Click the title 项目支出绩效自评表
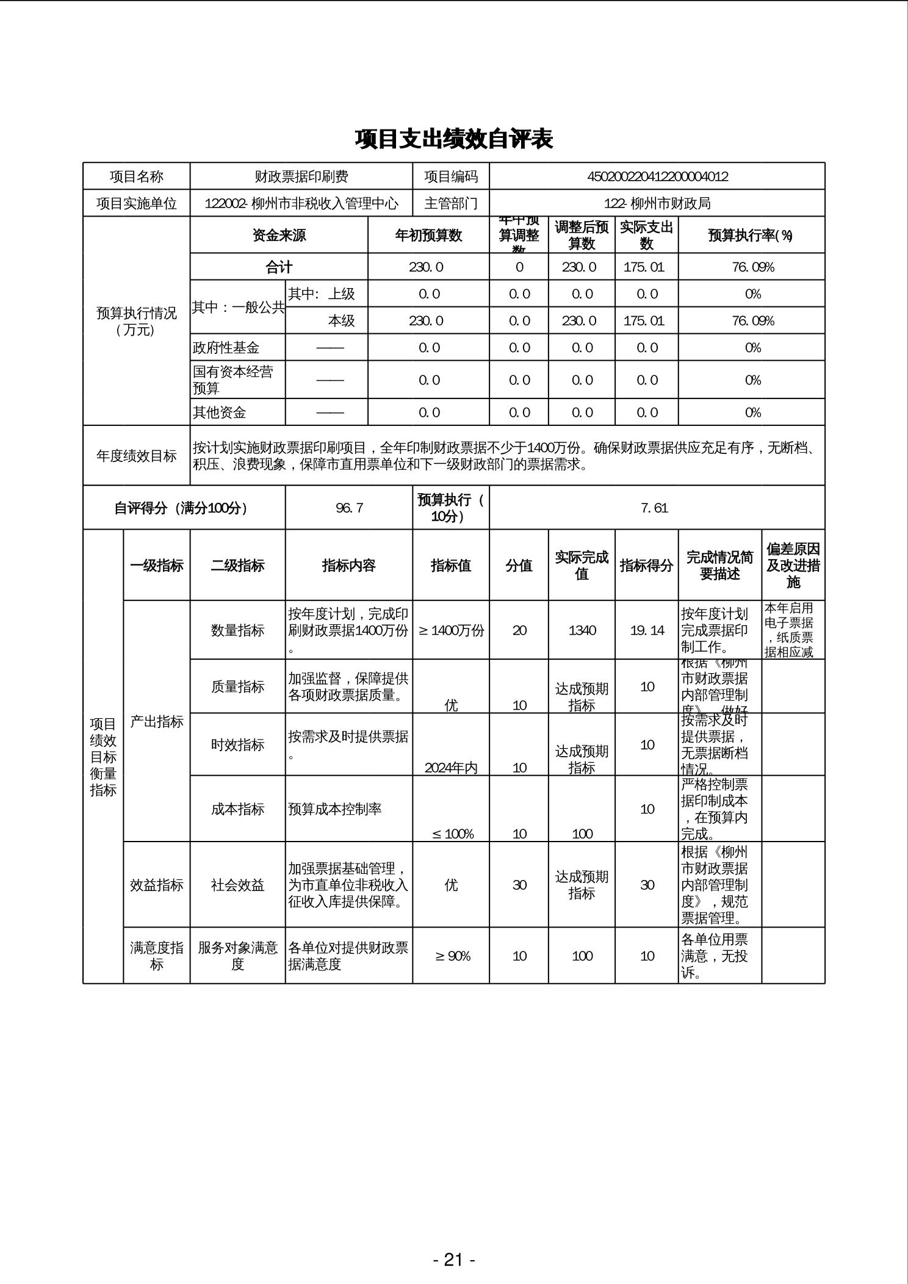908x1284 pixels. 453,139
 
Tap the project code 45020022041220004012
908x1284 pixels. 657,177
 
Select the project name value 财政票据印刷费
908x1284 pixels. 301,177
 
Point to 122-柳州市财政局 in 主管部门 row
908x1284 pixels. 657,203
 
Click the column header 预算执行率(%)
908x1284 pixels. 751,236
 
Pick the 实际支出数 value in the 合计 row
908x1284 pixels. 646,267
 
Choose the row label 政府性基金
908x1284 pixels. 226,348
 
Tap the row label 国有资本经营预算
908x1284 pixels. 233,380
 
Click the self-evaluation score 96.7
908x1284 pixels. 349,508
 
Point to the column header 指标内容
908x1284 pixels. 348,566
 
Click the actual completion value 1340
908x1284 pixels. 582,630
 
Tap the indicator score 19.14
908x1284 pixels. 647,630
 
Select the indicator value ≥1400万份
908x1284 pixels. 451,630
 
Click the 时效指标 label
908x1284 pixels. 237,745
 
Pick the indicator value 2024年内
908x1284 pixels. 451,768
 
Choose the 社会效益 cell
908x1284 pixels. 237,885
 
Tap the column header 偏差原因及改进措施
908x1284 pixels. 793,566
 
